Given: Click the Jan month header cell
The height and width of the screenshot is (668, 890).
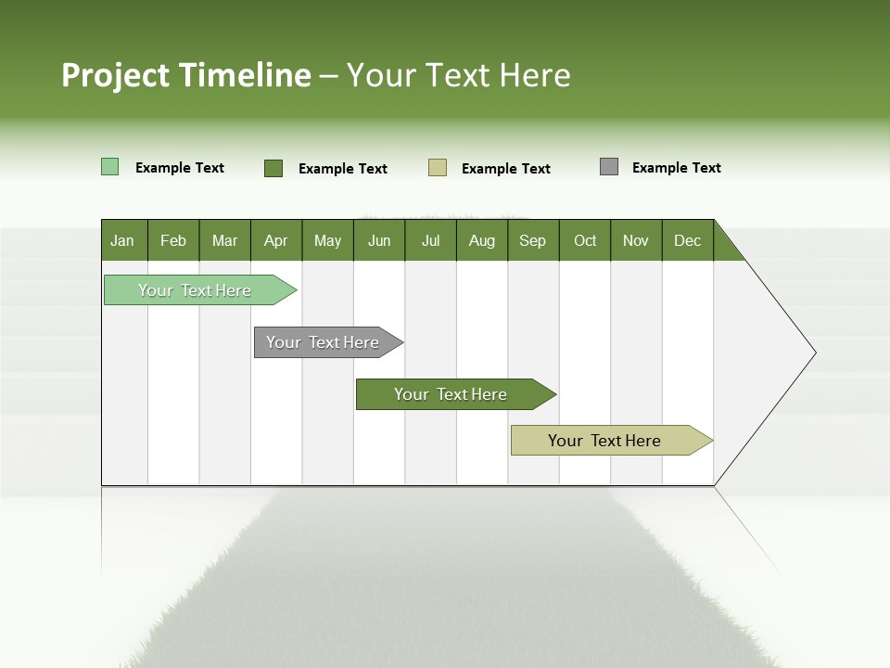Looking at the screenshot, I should click(123, 240).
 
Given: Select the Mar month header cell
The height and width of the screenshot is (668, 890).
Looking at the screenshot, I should click(224, 240).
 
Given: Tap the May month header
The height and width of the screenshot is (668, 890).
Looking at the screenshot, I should click(327, 240).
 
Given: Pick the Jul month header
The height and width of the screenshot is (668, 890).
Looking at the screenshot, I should click(430, 240).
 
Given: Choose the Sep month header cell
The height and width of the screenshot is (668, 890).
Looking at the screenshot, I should click(533, 240).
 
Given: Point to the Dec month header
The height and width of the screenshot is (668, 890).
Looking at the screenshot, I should click(687, 240).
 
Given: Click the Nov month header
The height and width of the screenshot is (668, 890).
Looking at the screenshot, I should click(636, 240).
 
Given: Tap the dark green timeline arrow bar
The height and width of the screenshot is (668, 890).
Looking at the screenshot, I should click(452, 394).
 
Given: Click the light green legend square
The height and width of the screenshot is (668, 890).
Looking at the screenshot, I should click(109, 167).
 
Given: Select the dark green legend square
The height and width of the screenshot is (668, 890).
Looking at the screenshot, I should click(273, 168).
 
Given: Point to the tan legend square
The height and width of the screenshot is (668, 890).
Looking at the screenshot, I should click(438, 168).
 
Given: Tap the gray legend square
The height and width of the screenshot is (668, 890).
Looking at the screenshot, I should click(609, 167).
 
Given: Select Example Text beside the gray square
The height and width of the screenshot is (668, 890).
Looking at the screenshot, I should click(676, 168).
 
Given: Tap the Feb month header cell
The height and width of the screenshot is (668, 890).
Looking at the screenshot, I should click(173, 240).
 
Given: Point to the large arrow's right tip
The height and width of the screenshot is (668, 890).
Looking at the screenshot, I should click(814, 353).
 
